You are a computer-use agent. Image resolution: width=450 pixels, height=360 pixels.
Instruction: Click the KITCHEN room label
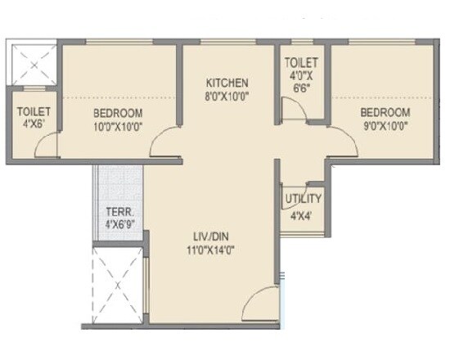[227, 83]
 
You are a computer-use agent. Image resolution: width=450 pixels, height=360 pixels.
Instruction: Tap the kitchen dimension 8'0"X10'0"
[227, 96]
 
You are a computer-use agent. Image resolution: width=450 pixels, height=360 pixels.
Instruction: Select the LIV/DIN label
[210, 237]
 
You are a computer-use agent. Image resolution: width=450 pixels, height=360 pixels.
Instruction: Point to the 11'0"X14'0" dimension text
[210, 251]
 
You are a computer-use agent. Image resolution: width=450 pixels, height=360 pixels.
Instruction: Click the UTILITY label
[303, 199]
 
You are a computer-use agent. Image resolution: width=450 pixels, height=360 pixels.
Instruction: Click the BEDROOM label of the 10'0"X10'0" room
[118, 113]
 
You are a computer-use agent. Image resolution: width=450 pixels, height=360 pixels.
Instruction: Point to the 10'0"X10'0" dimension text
[118, 127]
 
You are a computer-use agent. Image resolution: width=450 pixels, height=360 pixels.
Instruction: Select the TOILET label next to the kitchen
[301, 62]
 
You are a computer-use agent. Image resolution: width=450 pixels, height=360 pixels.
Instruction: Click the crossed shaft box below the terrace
[117, 281]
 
